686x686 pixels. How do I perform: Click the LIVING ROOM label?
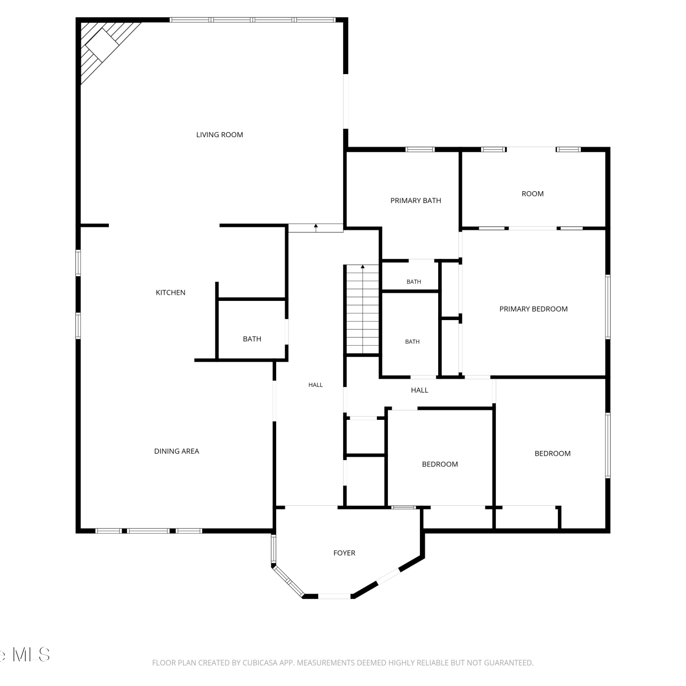[x=220, y=134]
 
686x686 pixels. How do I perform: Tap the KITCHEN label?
[x=171, y=292]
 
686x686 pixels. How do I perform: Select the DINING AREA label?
[x=177, y=451]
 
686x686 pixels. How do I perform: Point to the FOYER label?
[x=344, y=553]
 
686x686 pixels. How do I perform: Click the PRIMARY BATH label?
[x=416, y=200]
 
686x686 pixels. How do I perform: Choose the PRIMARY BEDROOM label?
[x=533, y=309]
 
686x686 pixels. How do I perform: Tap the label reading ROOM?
[x=533, y=193]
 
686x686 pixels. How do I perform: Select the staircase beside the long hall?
[x=363, y=310]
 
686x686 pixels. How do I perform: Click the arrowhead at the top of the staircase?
[x=363, y=266]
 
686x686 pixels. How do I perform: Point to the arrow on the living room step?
[x=316, y=228]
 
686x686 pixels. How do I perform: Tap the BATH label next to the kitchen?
[x=252, y=339]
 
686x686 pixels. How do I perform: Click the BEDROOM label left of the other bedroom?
[x=440, y=464]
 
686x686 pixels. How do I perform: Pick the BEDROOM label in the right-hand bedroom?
[x=552, y=453]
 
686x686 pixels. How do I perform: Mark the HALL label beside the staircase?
[x=316, y=385]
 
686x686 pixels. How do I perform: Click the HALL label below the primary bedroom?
[x=419, y=390]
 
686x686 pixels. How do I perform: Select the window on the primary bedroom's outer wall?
[x=608, y=307]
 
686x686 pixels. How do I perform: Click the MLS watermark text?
[x=31, y=654]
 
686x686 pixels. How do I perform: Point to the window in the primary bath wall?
[x=420, y=149]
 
